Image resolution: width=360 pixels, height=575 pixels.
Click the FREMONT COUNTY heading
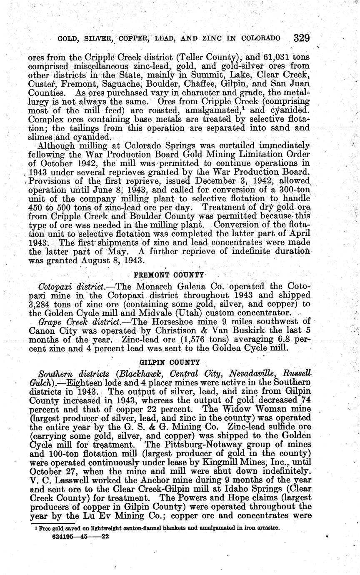point(169,275)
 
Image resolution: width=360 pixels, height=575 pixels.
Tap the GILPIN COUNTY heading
point(169,362)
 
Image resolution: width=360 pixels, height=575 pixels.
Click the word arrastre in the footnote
point(267,528)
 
